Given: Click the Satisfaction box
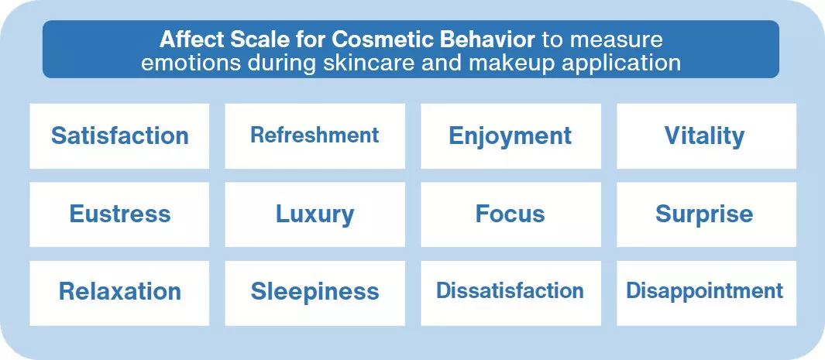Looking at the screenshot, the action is click(x=119, y=136).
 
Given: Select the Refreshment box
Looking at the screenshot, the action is click(x=315, y=136).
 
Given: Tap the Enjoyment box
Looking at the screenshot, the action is click(x=511, y=136).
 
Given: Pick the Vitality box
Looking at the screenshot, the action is click(x=706, y=136).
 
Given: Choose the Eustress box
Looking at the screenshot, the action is click(x=119, y=214).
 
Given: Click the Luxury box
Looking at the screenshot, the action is click(x=315, y=214).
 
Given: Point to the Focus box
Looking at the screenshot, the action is click(x=511, y=214).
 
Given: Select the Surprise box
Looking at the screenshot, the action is click(x=706, y=214).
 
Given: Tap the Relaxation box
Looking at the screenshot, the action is click(x=119, y=293).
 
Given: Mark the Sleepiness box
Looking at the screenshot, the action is click(x=315, y=293).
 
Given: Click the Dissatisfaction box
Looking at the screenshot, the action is click(x=511, y=293).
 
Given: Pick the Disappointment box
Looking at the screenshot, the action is click(x=706, y=293).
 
